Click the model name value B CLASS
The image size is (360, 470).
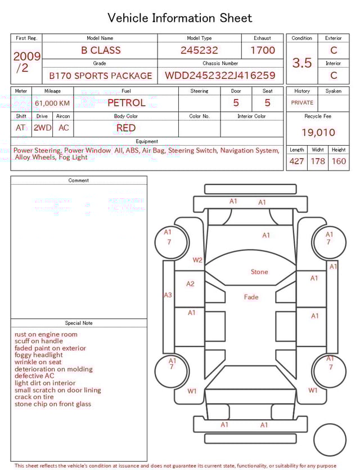coord(101,50)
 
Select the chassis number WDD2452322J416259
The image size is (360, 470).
coord(220,75)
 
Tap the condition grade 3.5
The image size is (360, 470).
coord(302,63)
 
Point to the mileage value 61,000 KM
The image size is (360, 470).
coord(52,104)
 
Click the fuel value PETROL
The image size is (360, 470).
coord(127,103)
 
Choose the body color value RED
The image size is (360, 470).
coord(126,128)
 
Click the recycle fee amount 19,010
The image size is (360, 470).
coord(318,132)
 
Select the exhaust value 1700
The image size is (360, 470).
coord(263,50)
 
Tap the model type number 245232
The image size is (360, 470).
coord(199,50)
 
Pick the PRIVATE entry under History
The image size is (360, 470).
coord(302,102)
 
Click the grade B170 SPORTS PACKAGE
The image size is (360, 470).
coord(101,75)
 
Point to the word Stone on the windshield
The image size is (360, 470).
coord(259,272)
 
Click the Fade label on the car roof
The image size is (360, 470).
coord(251,297)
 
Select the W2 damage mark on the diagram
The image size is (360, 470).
coord(197,260)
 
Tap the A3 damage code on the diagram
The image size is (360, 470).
coord(168,295)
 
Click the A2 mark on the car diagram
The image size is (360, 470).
coord(190,284)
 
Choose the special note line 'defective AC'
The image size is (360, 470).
coord(34,376)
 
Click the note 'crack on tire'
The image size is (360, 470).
coord(34,397)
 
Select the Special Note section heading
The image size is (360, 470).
coord(79,323)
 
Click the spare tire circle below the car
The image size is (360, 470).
coord(330,424)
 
